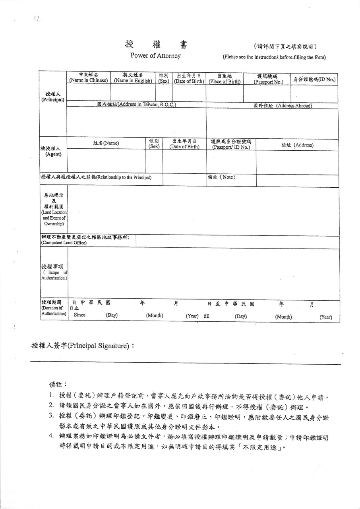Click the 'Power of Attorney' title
[155, 56]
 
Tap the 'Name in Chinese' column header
[89, 78]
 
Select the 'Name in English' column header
[133, 78]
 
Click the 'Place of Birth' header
[225, 78]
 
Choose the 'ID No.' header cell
[314, 79]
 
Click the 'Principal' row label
[53, 97]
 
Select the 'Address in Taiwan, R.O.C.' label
[136, 105]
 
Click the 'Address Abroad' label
[283, 106]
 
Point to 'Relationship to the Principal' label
[96, 177]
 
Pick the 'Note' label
[221, 177]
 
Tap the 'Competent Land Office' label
[64, 240]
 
